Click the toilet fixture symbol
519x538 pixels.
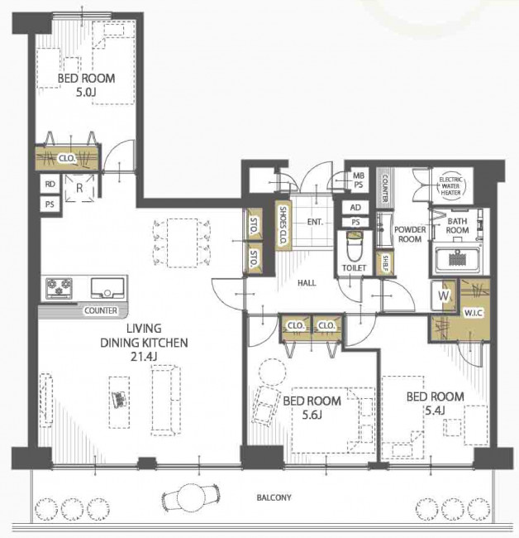pos(355,246)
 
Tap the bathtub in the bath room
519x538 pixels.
pos(457,259)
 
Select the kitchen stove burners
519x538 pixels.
pos(59,288)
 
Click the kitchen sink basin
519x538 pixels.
pos(107,288)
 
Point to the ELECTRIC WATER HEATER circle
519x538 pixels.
pos(450,186)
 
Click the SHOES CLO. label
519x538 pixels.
pos(283,225)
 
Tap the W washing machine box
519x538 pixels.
pos(443,295)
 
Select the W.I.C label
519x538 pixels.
pos(473,313)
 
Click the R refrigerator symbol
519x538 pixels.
pos(79,188)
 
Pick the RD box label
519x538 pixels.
pos(50,184)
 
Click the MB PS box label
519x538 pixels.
pos(359,180)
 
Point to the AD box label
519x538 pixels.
pos(355,208)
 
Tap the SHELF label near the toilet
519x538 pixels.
pos(385,263)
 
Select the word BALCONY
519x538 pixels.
pos(274,497)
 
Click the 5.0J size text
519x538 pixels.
pos(86,93)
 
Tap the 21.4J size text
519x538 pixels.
pos(144,357)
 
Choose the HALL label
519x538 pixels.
pos(307,283)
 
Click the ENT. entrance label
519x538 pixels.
pos(315,222)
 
